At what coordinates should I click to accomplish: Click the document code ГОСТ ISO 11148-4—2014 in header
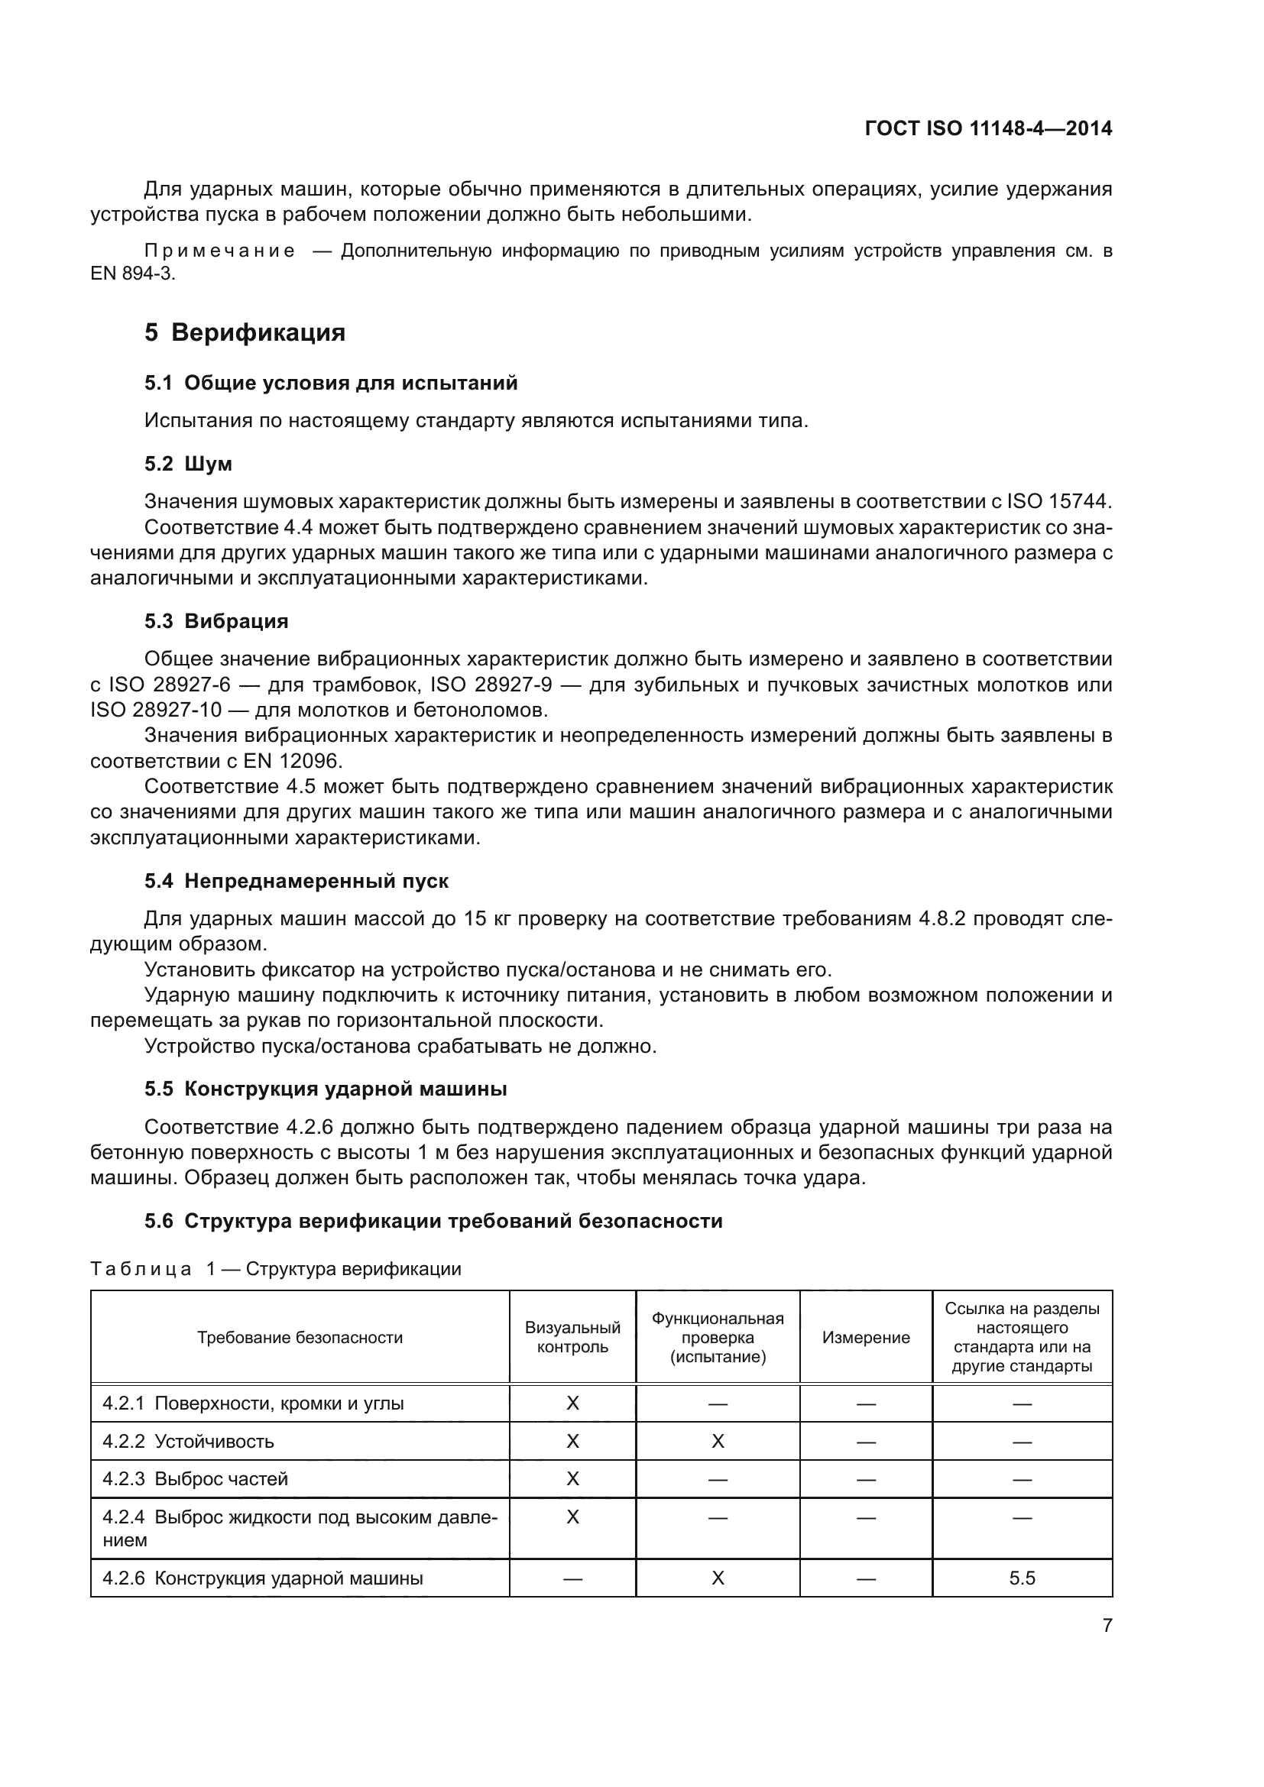(987, 128)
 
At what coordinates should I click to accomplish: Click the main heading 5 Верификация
(245, 332)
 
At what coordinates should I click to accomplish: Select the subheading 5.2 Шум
(188, 464)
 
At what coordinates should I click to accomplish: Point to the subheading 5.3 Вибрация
(216, 621)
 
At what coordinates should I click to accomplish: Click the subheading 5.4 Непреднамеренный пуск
(297, 881)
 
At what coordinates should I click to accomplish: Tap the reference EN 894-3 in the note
(133, 275)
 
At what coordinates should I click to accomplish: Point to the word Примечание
(220, 251)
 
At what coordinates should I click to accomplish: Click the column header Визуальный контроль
(572, 1337)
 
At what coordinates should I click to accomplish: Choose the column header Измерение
(866, 1337)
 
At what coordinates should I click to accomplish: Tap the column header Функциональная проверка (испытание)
(718, 1337)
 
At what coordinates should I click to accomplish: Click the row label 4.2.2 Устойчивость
(188, 1441)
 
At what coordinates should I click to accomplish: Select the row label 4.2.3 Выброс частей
(196, 1479)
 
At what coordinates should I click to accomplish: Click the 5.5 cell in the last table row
(1022, 1578)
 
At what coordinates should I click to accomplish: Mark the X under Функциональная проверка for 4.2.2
(718, 1441)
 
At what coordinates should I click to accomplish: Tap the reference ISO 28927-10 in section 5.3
(157, 710)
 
